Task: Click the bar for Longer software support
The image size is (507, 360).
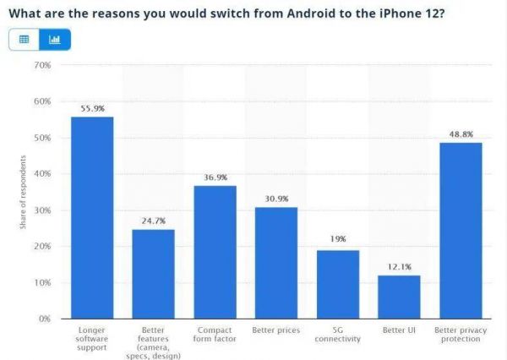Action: click(x=92, y=217)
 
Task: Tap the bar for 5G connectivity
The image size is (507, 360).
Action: click(x=338, y=284)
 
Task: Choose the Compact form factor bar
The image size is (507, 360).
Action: click(x=215, y=252)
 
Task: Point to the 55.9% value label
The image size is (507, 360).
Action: click(x=92, y=109)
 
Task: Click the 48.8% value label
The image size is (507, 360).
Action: click(x=461, y=134)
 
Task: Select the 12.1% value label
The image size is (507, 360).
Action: click(x=399, y=267)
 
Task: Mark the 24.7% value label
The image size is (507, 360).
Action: click(x=153, y=221)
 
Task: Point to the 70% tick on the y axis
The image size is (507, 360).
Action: click(x=42, y=65)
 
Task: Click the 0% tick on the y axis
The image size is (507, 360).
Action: click(x=45, y=319)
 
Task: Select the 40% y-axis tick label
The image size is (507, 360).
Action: click(x=42, y=174)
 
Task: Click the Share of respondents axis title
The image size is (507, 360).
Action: click(x=23, y=192)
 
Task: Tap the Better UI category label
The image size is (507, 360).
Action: click(x=399, y=330)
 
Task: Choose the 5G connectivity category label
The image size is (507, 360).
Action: click(x=338, y=334)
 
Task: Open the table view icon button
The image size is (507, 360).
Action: click(x=24, y=39)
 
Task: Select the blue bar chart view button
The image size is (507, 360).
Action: click(x=54, y=39)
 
